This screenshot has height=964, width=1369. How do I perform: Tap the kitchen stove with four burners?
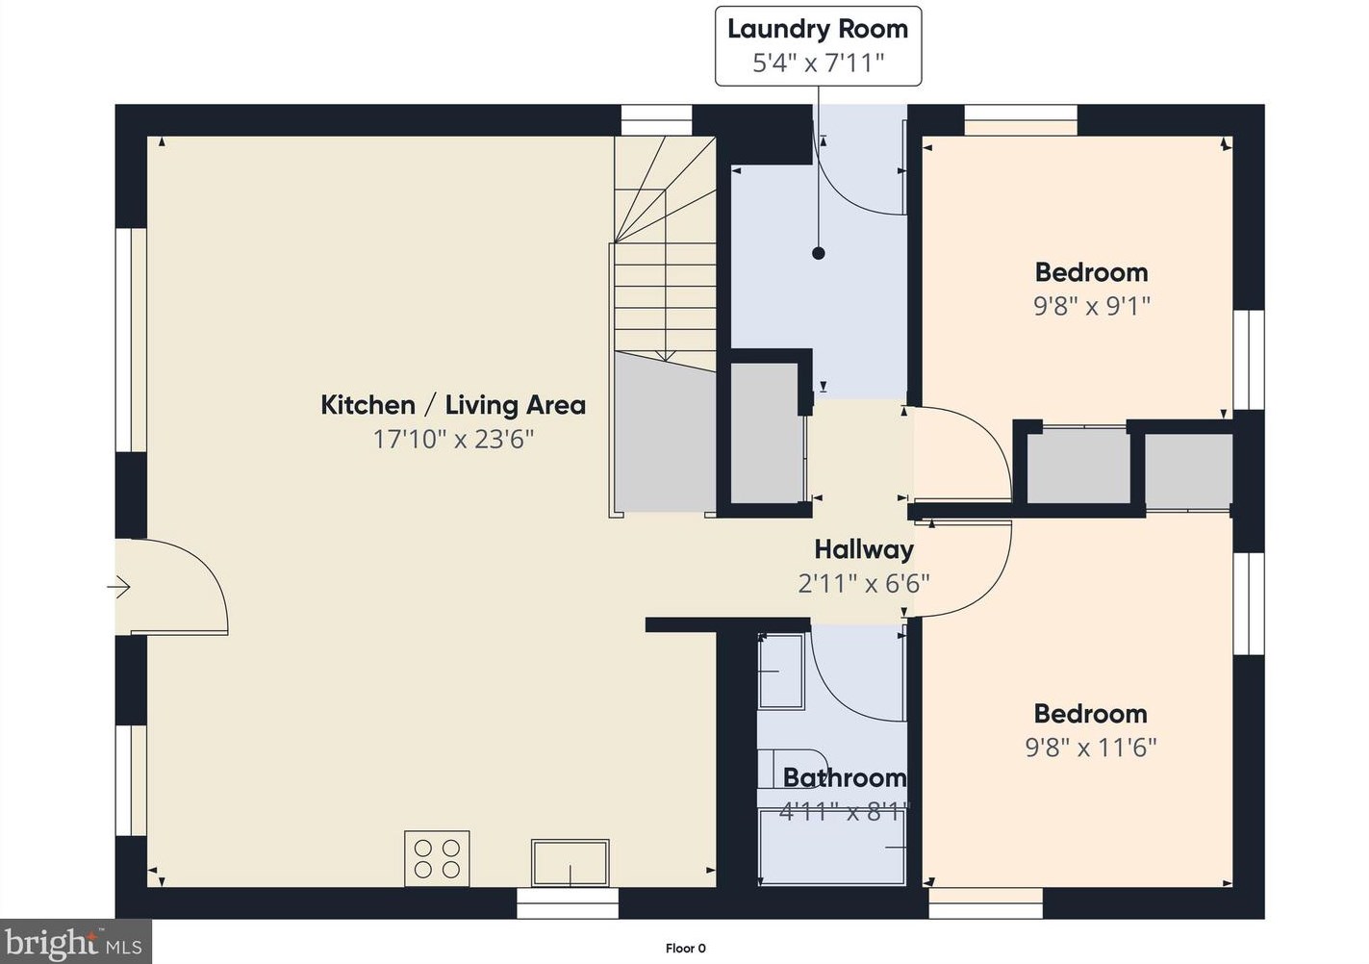point(437,858)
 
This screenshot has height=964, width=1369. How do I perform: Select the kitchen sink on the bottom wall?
point(570,863)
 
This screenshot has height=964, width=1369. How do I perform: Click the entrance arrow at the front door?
point(118,588)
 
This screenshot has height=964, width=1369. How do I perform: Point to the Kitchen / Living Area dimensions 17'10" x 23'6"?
point(453,439)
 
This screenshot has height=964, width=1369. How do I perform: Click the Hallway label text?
point(864,549)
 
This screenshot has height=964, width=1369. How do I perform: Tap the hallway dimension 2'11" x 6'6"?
point(864,583)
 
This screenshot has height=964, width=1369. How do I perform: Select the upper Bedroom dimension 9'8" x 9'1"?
point(1092,306)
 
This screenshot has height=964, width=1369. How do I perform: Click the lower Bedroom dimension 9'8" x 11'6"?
point(1091,747)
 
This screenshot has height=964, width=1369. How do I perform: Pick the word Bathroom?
point(845,777)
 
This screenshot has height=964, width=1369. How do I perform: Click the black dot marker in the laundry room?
point(819,253)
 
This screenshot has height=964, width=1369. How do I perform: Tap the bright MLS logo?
point(75,942)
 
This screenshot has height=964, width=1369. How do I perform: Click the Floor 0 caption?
point(685,948)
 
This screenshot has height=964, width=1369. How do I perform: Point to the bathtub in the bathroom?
point(832,846)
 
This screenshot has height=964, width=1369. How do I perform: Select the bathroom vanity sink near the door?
point(780,672)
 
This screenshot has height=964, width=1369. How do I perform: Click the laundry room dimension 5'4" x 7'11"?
point(819,63)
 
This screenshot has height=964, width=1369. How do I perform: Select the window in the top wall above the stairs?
point(656,120)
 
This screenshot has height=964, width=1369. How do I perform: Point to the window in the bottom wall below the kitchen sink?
point(568,903)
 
